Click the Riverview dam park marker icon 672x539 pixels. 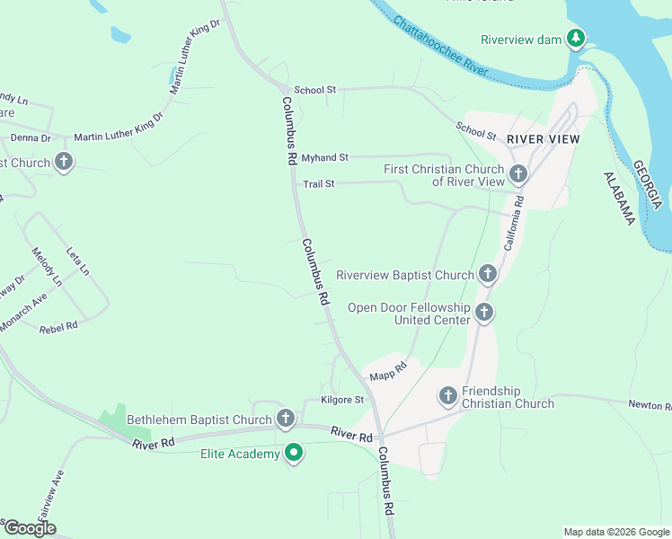[576, 39]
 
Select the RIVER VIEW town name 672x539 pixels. [544, 139]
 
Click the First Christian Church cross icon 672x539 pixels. [517, 173]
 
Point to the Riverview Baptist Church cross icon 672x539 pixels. [487, 273]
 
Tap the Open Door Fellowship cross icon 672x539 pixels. [483, 313]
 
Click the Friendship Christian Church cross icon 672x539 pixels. [447, 395]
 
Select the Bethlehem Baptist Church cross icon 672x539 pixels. [286, 418]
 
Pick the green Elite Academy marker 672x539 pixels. [293, 454]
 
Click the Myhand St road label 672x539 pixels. [324, 157]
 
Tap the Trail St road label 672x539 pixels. [318, 184]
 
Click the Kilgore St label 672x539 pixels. [342, 400]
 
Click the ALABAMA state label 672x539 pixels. [619, 198]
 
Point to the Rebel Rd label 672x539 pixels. [58, 328]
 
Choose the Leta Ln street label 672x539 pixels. [79, 259]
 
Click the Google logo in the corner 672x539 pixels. [30, 528]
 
